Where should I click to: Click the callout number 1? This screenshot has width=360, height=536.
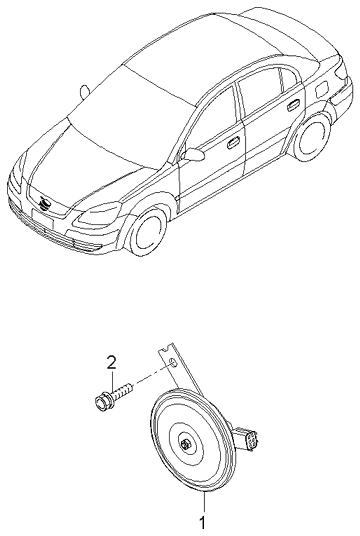coord(202,522)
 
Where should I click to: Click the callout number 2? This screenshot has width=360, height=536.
coord(113,361)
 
